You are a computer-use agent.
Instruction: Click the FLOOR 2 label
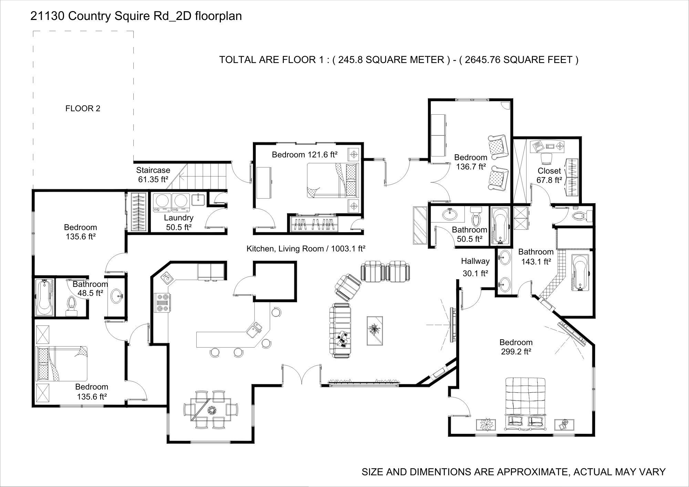tap(83, 108)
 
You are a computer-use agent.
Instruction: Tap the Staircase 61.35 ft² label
tap(153, 175)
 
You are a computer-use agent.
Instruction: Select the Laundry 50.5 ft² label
tap(178, 222)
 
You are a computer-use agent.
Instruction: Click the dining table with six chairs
tap(211, 410)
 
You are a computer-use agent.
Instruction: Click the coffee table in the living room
tap(374, 330)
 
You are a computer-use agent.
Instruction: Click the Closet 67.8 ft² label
tap(549, 175)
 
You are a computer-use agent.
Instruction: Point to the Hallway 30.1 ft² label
tap(475, 267)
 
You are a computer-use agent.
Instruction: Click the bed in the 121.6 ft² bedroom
tap(332, 180)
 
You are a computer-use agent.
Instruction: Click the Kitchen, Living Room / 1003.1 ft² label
tap(306, 249)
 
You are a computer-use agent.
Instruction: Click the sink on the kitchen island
tap(255, 329)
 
